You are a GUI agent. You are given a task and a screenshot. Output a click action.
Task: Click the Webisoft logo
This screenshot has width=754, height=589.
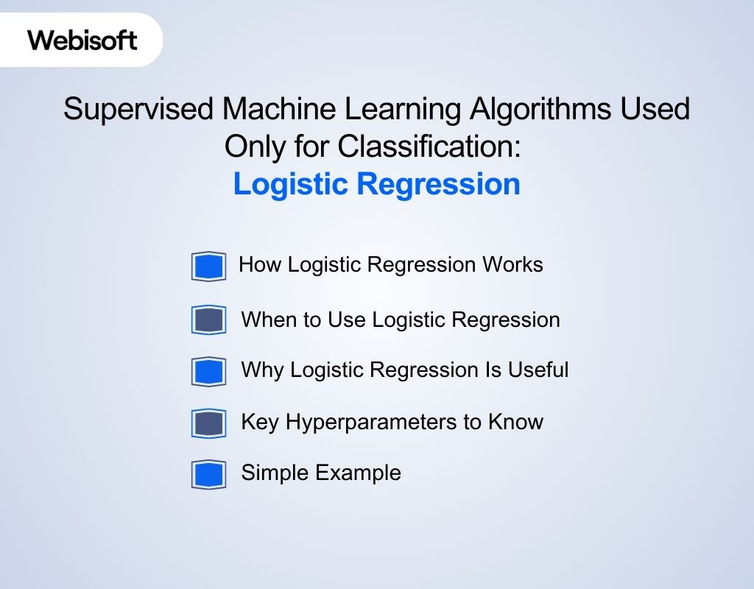tap(82, 40)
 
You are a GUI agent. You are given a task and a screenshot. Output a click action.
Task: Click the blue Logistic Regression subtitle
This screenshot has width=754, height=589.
tap(376, 184)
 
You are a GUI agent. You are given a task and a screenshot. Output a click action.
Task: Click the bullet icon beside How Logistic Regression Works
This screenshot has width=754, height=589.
tap(208, 267)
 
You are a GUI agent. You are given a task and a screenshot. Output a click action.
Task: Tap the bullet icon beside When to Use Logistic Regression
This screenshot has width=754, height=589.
tap(208, 320)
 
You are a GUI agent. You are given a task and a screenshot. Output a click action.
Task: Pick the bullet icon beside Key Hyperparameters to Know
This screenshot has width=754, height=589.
tap(208, 423)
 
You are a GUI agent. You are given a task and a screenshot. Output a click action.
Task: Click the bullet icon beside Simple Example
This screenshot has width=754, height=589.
tap(208, 474)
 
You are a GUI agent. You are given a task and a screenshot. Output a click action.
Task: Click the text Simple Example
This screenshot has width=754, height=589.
tap(321, 473)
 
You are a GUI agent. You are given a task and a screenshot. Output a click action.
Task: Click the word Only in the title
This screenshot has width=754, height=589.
tap(253, 147)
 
